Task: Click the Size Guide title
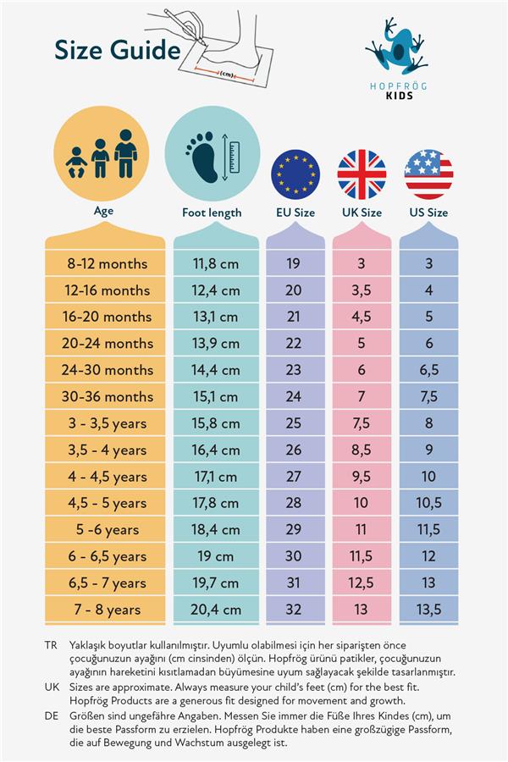pyautogui.click(x=117, y=51)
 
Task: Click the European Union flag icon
pyautogui.click(x=295, y=174)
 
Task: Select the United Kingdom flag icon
pyautogui.click(x=362, y=174)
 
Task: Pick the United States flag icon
pyautogui.click(x=428, y=174)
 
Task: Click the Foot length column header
pyautogui.click(x=212, y=213)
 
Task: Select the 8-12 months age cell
pyautogui.click(x=107, y=263)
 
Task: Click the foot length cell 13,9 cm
pyautogui.click(x=216, y=343)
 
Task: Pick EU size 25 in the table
pyautogui.click(x=293, y=422)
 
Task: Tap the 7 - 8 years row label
pyautogui.click(x=107, y=609)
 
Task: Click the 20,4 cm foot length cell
pyautogui.click(x=216, y=609)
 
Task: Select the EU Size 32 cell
pyautogui.click(x=293, y=609)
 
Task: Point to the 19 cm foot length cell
pyautogui.click(x=216, y=556)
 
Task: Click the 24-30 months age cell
pyautogui.click(x=107, y=370)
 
